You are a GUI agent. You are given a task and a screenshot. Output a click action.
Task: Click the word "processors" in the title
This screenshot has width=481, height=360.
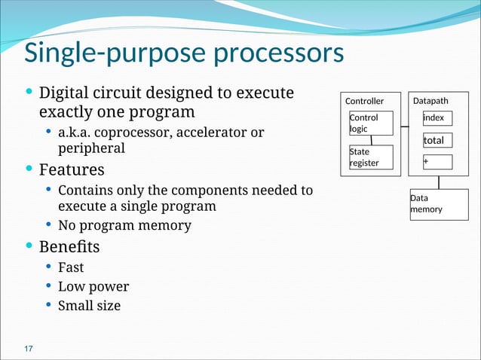click(279, 55)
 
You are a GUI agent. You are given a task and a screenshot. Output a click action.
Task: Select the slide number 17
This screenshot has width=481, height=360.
click(29, 348)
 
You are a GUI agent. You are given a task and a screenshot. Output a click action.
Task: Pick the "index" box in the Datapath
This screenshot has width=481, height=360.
click(437, 118)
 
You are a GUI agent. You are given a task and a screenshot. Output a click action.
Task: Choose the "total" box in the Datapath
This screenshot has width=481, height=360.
click(437, 141)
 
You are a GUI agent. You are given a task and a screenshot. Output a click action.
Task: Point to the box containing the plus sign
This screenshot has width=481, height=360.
click(437, 161)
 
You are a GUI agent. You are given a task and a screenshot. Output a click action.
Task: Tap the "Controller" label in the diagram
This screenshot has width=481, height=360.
click(364, 101)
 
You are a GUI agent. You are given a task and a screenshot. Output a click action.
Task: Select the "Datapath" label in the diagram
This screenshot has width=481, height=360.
click(431, 100)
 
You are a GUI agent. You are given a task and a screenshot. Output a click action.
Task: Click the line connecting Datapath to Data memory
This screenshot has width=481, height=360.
click(439, 182)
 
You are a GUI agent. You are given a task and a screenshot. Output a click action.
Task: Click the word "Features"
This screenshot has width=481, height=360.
click(72, 169)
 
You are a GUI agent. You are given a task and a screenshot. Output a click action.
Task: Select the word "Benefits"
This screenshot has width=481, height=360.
click(69, 246)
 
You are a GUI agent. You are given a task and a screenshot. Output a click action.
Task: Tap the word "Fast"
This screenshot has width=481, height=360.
click(71, 267)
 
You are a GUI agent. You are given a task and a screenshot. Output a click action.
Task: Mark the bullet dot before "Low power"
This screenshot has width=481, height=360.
click(48, 286)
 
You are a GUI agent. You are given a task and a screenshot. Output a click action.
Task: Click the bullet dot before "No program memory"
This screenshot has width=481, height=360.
click(48, 225)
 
